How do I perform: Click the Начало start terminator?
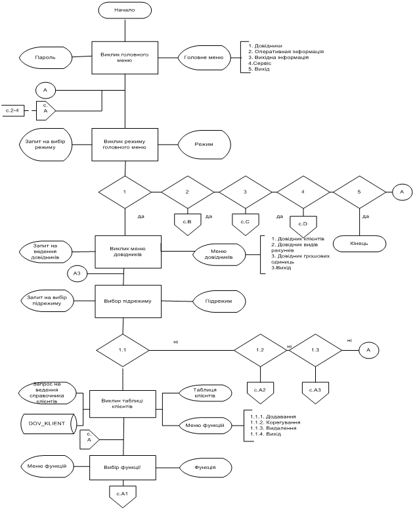125,11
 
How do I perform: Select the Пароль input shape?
46,57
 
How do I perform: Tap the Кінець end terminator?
358,243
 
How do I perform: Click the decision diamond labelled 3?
245,192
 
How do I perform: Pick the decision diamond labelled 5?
359,192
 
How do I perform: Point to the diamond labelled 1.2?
260,350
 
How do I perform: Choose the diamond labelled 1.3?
315,350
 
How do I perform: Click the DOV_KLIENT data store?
47,424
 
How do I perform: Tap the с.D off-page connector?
303,224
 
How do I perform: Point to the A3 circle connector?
77,273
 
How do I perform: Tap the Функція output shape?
206,467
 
